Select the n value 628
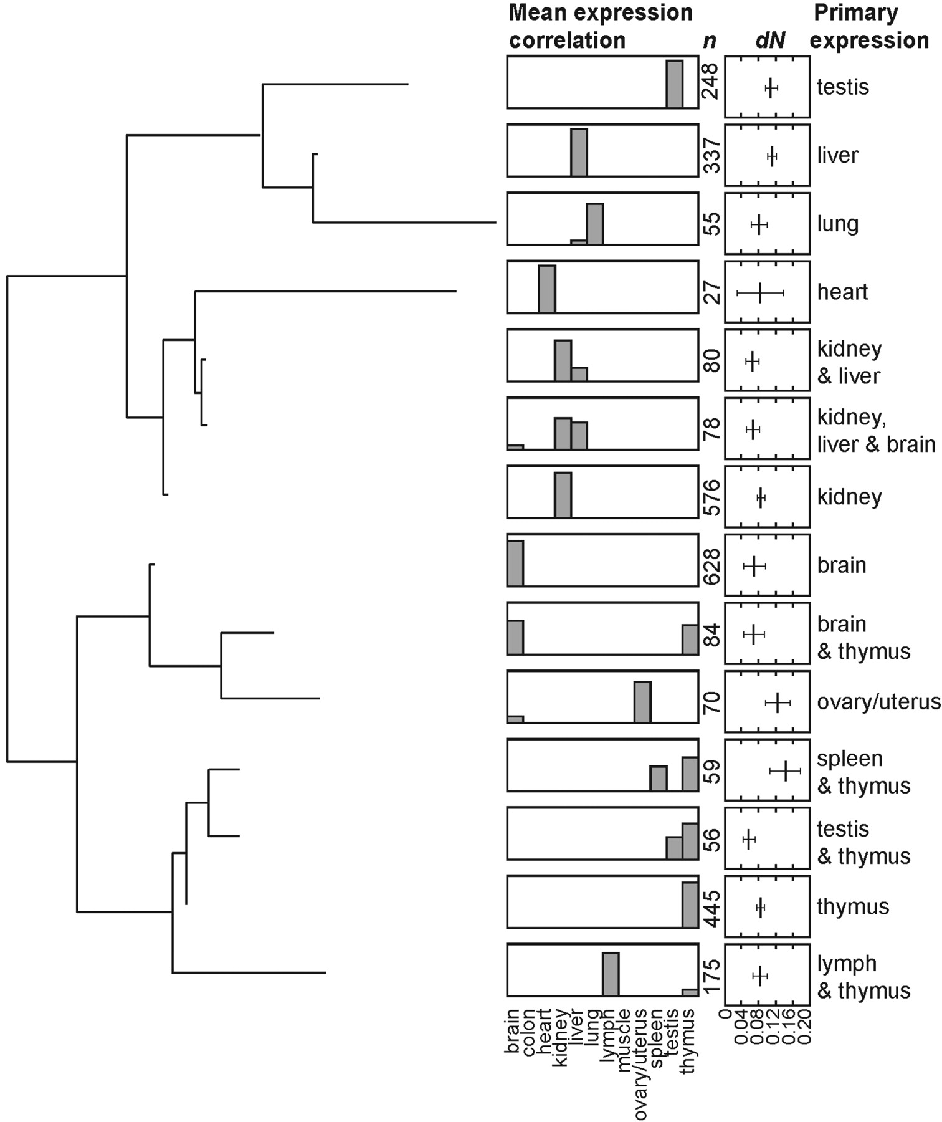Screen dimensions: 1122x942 [x=711, y=566]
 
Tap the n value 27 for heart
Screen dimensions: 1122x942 [x=711, y=292]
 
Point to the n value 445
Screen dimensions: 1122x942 [x=711, y=908]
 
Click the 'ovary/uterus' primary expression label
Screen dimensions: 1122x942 [x=878, y=702]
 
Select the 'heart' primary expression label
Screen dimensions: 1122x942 [x=842, y=292]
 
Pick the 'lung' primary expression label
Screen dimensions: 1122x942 [x=837, y=224]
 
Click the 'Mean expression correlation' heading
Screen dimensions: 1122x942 [x=600, y=26]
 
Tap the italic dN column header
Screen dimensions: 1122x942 [x=770, y=41]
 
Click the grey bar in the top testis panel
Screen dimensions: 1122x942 [x=674, y=84]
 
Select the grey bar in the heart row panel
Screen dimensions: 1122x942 [x=547, y=289]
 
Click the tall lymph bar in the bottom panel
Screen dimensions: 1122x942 [x=611, y=974]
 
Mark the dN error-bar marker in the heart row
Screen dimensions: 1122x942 [x=760, y=292]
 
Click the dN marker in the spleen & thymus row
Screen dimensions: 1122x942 [x=786, y=771]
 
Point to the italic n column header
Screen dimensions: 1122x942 [x=710, y=41]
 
